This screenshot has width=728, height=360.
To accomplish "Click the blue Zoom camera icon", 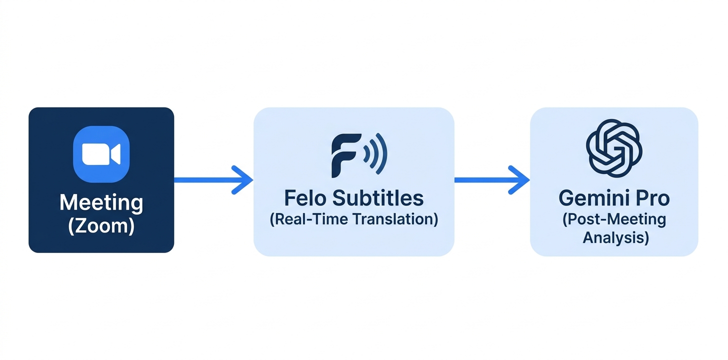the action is coord(101,154).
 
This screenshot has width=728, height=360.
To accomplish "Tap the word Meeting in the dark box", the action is coord(101,203).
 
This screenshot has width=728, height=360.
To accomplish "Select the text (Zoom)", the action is coord(101,226).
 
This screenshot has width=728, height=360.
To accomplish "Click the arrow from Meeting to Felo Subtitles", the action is coord(213,180).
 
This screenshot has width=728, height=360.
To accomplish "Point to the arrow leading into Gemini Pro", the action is coord(492,180).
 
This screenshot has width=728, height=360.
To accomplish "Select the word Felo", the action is coord(305,198).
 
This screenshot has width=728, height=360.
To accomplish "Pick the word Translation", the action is coord(395,219).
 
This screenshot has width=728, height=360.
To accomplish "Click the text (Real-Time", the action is coord(309,219).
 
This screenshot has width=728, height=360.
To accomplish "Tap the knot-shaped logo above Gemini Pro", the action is coord(614,148).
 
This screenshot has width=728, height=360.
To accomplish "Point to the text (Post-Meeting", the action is coord(614,219).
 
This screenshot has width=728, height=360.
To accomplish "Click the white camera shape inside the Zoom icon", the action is coord(101,154).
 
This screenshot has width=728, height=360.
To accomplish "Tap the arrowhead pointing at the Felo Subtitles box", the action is coord(242,180).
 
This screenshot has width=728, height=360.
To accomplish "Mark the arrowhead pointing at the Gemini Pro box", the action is coord(518,180).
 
